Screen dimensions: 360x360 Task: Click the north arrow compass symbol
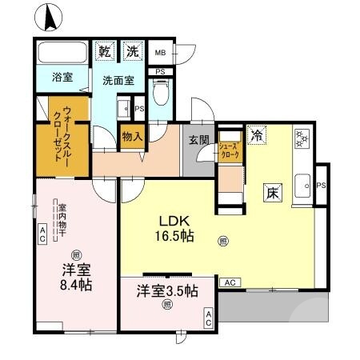pyautogui.click(x=50, y=16)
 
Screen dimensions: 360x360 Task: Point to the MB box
pyautogui.click(x=159, y=53)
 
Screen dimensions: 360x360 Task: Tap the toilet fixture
pyautogui.click(x=159, y=96)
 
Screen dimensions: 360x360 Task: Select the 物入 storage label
pyautogui.click(x=132, y=137)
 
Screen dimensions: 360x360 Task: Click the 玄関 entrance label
pyautogui.click(x=198, y=140)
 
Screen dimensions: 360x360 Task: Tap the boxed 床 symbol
pyautogui.click(x=272, y=193)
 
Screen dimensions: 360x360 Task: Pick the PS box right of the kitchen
pyautogui.click(x=322, y=186)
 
